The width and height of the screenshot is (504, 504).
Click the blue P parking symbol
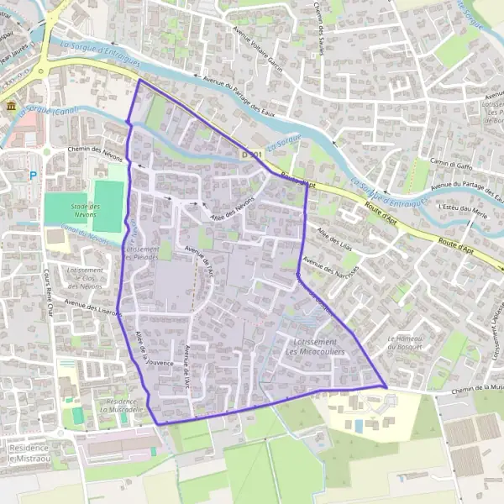[34, 176]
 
